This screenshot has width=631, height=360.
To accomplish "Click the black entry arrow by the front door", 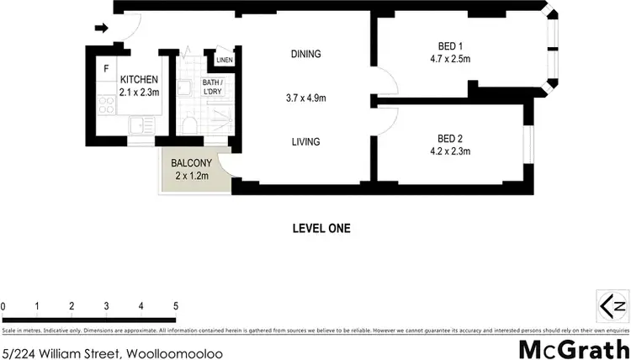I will tap(101, 29).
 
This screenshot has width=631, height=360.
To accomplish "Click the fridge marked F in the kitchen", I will tap(106, 68).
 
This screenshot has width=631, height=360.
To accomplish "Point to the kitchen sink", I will tap(142, 126).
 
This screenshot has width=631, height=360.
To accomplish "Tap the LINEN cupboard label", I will tap(224, 61).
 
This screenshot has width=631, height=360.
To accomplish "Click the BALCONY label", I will tap(190, 163).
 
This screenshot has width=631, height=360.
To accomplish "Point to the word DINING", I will tap(306, 55).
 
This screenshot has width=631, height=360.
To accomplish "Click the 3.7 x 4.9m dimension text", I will tap(305, 98).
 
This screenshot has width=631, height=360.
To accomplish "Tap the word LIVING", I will tap(305, 142).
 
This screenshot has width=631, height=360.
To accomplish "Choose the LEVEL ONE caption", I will tap(321, 228).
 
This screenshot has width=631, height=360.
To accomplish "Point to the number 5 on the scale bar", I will tap(175, 306).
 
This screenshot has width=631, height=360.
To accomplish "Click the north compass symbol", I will tap(612, 304).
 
